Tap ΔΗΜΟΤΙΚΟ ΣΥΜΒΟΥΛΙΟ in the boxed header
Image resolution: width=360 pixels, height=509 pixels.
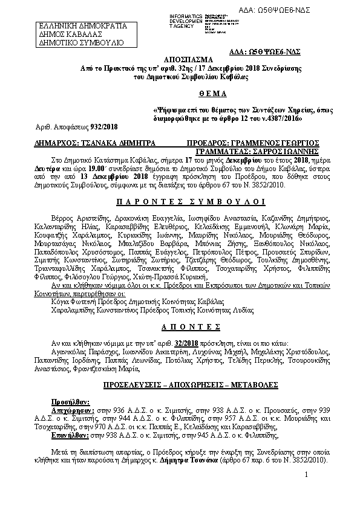pyautogui.click(x=81, y=44)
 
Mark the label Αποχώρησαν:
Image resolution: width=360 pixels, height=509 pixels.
pyautogui.click(x=71, y=409)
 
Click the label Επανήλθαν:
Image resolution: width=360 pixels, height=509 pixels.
pyautogui.click(x=70, y=434)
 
